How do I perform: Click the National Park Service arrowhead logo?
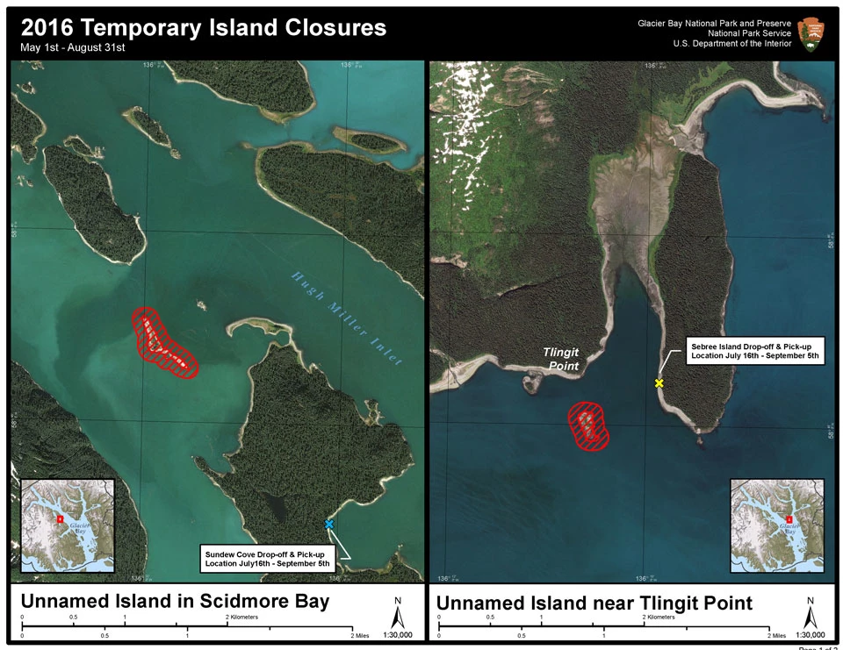click(x=811, y=32)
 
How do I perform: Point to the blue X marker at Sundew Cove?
click(x=329, y=524)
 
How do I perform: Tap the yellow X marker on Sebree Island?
click(x=659, y=383)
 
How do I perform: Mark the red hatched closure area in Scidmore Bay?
click(x=164, y=344)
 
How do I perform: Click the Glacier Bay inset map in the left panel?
click(x=67, y=525)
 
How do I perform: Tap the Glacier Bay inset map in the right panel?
click(x=776, y=525)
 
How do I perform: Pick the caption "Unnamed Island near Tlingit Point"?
click(x=594, y=603)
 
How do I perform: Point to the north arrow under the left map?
click(x=397, y=611)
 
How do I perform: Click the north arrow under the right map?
click(x=811, y=611)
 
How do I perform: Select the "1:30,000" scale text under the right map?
click(x=810, y=634)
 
